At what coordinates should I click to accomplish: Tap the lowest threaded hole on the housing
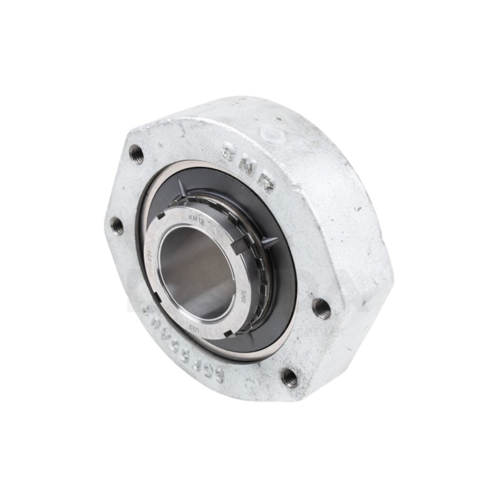click(289, 375)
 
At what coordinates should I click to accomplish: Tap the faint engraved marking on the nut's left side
click(150, 255)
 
